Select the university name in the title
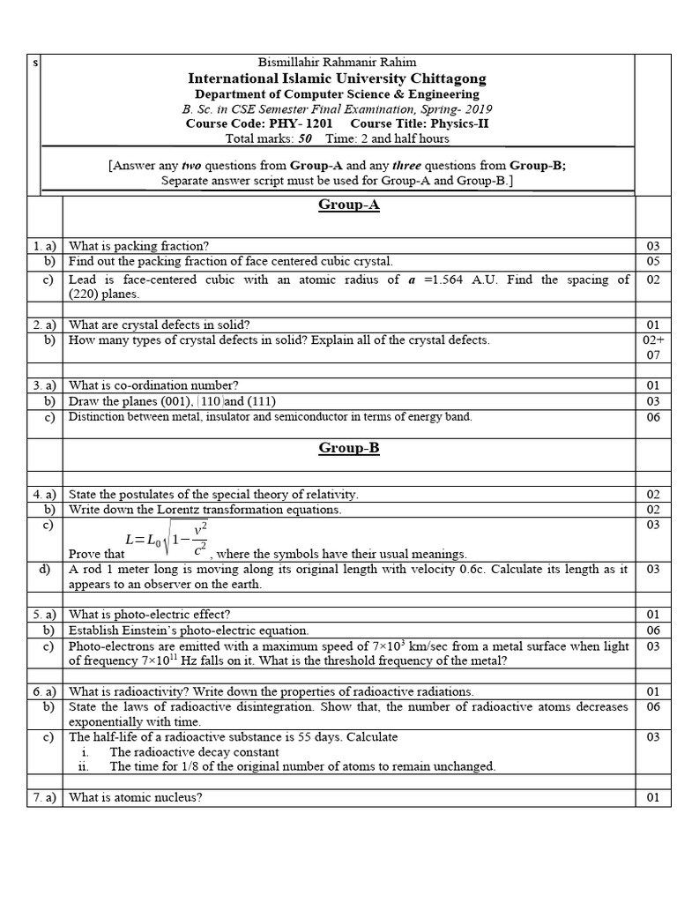pyautogui.click(x=337, y=78)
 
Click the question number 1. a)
pyautogui.click(x=44, y=246)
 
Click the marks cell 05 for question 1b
pyautogui.click(x=652, y=261)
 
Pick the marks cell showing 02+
pyautogui.click(x=652, y=340)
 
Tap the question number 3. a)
pyautogui.click(x=44, y=384)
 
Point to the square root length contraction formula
pyautogui.click(x=168, y=539)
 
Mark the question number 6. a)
pyautogui.click(x=44, y=691)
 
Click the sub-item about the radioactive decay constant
pyautogui.click(x=194, y=752)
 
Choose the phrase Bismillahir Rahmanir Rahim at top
pyautogui.click(x=336, y=62)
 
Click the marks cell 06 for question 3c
pyautogui.click(x=652, y=417)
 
